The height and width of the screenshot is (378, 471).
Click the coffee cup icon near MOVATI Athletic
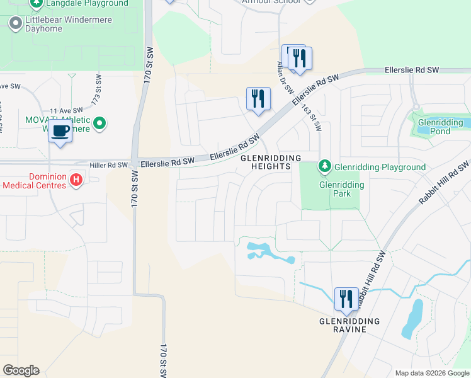point(60,132)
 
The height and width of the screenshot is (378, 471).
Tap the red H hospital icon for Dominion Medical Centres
point(76,181)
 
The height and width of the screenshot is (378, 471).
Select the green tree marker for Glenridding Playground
point(324,167)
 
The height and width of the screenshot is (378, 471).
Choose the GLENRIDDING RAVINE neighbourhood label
point(349,326)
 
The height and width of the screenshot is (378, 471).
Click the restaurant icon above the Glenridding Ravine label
point(346,299)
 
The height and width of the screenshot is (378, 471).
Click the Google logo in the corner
point(21,370)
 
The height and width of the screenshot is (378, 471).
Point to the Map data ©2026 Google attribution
point(431,373)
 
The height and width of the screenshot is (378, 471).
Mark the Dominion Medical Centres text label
point(35,181)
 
